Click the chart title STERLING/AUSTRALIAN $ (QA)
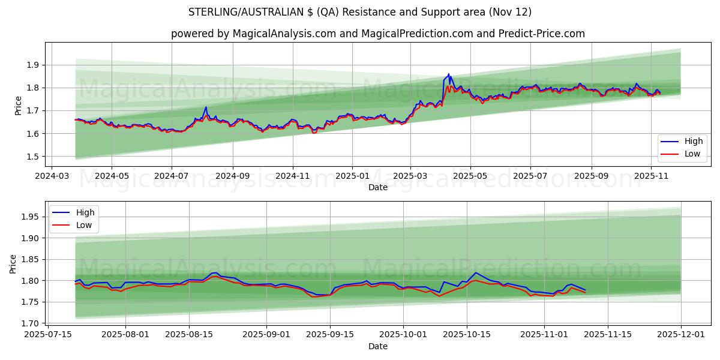[x=360, y=12]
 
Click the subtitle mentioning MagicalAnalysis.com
[x=378, y=34]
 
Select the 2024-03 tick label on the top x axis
[x=51, y=176]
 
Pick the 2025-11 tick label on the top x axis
[x=652, y=176]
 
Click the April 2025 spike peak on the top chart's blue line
[x=448, y=74]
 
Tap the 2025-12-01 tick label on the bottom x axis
[x=681, y=335]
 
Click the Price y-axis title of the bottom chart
[x=13, y=264]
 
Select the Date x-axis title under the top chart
[x=378, y=187]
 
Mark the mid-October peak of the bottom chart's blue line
[x=476, y=272]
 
